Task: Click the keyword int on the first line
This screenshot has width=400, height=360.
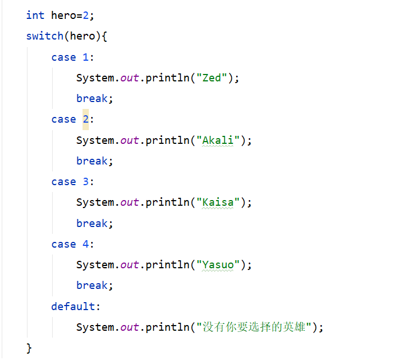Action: (x=35, y=15)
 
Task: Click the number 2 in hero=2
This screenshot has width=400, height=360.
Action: (x=85, y=15)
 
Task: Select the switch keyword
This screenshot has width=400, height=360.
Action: (x=45, y=36)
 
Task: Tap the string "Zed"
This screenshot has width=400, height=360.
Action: (x=212, y=78)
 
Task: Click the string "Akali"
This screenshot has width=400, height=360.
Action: (x=218, y=140)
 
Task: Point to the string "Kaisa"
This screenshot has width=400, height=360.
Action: (x=218, y=202)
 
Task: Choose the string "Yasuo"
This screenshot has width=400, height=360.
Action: (x=218, y=265)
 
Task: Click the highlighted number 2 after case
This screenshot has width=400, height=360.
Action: (x=86, y=119)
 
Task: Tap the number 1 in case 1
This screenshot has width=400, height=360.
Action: (x=86, y=57)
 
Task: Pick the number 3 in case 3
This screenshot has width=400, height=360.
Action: (x=86, y=182)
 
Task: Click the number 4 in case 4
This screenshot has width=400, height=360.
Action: (x=86, y=244)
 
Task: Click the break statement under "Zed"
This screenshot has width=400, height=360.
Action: (x=92, y=99)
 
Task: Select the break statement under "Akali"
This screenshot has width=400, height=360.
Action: (x=92, y=161)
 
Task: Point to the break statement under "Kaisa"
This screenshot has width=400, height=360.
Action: (x=92, y=224)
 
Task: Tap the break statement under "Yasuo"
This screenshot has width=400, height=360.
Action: (x=92, y=285)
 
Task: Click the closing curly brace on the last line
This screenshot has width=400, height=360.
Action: (x=29, y=348)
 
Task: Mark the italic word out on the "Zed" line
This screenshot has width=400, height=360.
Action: (x=130, y=78)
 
